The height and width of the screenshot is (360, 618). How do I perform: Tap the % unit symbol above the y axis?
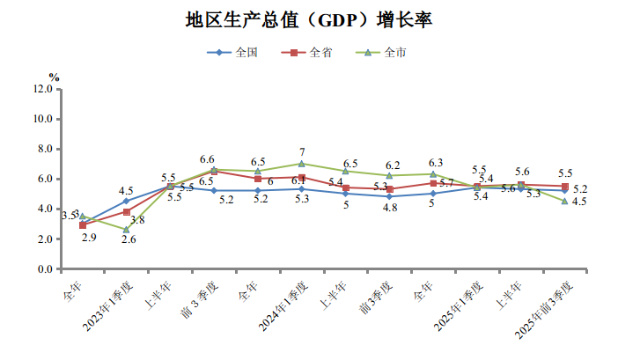tap(55, 77)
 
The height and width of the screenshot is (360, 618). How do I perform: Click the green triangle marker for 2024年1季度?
tap(302, 164)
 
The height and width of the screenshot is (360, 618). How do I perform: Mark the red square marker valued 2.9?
tap(82, 225)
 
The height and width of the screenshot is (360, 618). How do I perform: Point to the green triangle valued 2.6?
tap(126, 230)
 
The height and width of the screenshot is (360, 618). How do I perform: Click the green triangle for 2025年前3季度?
tap(564, 201)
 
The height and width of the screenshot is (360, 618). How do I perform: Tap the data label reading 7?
tap(302, 151)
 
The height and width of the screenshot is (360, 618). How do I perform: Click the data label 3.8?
tap(137, 219)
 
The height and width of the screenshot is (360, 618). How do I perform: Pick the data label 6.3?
tap(434, 162)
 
